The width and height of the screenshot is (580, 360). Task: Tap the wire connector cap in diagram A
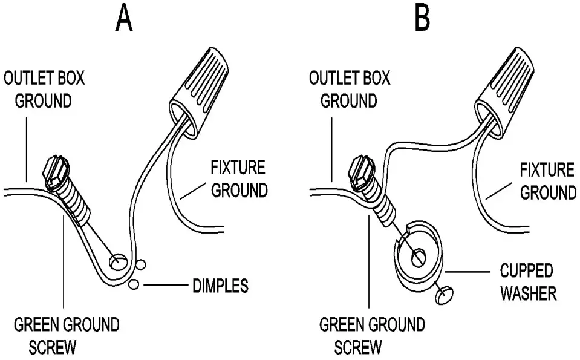(195, 87)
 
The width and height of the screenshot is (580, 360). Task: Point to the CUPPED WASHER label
(527, 282)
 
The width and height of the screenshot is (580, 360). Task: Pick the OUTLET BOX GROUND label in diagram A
(44, 89)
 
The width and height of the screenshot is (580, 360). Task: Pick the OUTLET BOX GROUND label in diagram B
(349, 89)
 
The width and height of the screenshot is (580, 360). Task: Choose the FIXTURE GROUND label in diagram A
(238, 179)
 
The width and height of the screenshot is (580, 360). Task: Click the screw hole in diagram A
(117, 262)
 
